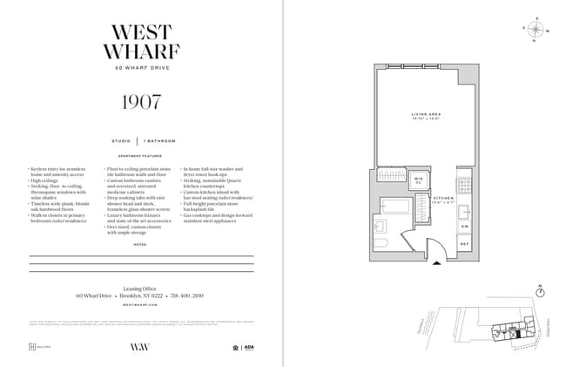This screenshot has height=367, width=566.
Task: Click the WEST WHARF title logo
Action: tap(141, 42)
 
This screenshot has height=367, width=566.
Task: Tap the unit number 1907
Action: tap(141, 100)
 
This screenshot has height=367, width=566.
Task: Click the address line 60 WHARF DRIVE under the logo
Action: tap(141, 68)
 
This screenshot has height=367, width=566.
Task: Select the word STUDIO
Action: tap(121, 140)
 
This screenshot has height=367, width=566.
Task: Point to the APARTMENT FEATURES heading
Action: tap(141, 157)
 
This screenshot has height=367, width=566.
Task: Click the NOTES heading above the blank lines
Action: tap(141, 244)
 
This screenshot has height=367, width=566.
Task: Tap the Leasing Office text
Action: tap(141, 286)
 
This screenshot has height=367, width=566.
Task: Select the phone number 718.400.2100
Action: tap(187, 295)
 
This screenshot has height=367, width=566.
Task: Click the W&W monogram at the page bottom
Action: tap(141, 347)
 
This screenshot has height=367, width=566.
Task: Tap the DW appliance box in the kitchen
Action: tap(464, 226)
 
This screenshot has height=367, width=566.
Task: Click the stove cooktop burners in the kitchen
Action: tap(464, 186)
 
